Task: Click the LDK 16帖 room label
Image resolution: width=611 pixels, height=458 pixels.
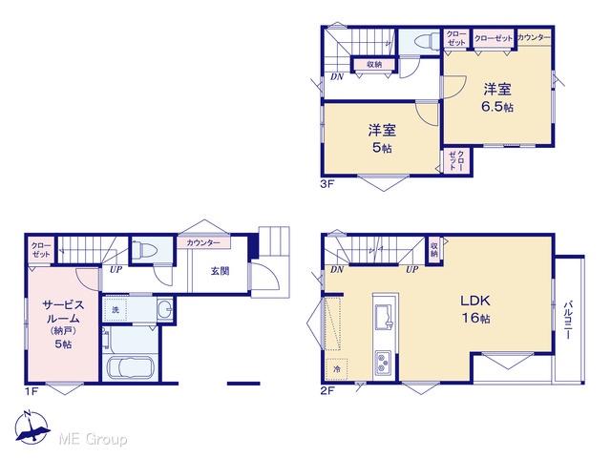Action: point(475,309)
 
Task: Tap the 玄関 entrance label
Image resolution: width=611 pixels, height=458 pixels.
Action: point(221,271)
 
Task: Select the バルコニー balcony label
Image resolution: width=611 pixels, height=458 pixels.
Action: point(568,320)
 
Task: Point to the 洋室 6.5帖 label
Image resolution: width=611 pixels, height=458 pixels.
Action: point(497,97)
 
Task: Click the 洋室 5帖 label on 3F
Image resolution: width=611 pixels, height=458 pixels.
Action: point(382,138)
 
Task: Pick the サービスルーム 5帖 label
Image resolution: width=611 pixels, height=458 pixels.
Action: point(63,324)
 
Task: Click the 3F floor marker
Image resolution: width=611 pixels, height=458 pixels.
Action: point(327,184)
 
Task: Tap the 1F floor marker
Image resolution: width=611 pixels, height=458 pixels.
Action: point(32,390)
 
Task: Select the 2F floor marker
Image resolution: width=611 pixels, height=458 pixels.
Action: point(327,390)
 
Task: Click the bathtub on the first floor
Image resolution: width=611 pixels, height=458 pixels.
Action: point(131,367)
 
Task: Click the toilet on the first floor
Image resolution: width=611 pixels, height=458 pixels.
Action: point(144,250)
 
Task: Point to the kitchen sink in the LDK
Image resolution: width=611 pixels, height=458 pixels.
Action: point(385,317)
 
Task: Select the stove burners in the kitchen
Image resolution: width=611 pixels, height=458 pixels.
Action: point(383,363)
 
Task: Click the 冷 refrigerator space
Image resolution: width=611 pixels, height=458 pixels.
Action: point(337,369)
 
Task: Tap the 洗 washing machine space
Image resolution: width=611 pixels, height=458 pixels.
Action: point(116,309)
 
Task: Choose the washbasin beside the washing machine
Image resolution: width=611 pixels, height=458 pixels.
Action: point(165,310)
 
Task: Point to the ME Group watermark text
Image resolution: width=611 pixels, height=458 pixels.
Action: point(93,440)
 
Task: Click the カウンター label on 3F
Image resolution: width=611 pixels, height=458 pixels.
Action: point(534,37)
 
